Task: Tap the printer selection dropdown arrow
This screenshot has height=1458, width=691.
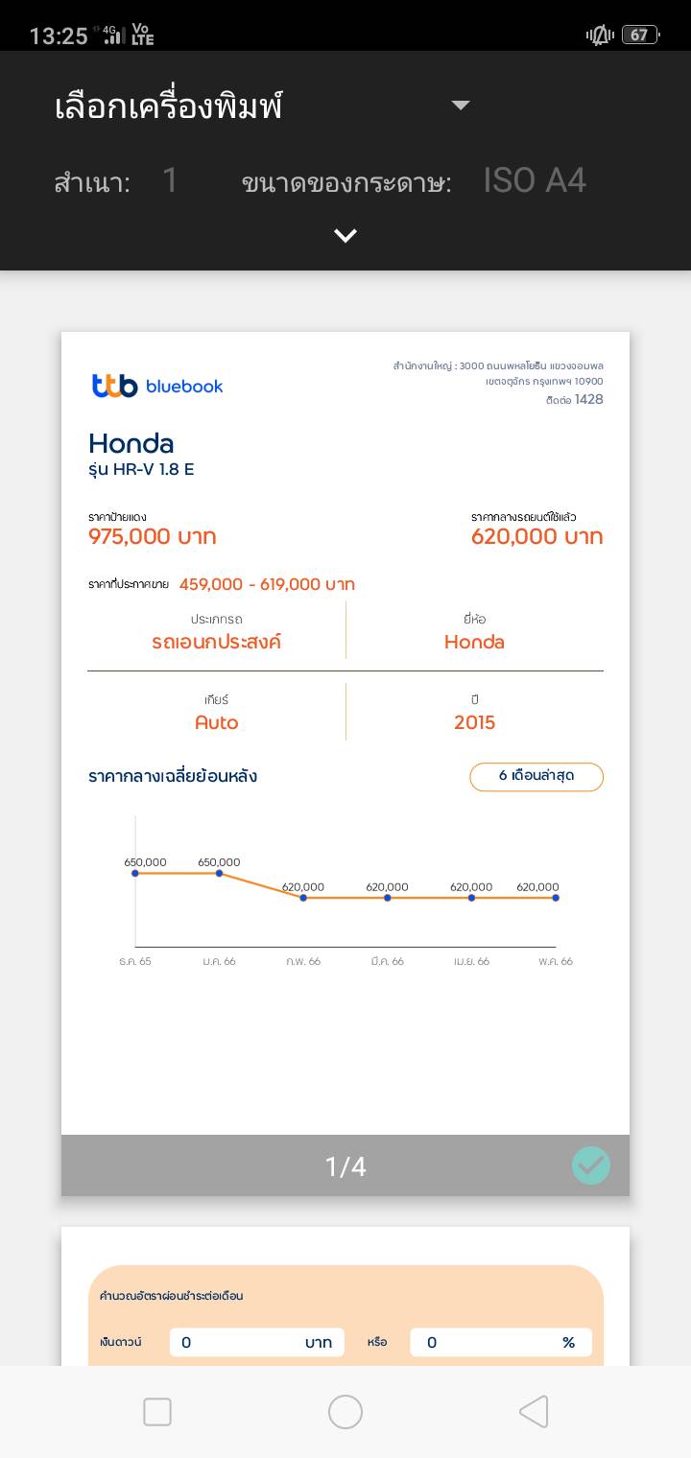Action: (461, 106)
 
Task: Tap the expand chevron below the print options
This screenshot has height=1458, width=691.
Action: (345, 236)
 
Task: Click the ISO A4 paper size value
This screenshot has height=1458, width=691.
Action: (535, 180)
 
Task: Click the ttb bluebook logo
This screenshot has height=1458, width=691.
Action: (157, 386)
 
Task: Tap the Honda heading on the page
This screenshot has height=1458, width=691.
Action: (131, 443)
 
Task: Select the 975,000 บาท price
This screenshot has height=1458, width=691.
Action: (153, 536)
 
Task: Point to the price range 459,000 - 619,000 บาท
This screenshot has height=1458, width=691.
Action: (267, 584)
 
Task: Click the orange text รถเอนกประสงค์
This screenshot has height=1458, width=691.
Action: (216, 642)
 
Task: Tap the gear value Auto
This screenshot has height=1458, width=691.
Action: (216, 722)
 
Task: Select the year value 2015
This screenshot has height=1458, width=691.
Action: (475, 722)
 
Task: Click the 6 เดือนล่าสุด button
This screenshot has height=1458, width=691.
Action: (536, 776)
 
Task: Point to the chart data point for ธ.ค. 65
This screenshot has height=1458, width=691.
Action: (135, 873)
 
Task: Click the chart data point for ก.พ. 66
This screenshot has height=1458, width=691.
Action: (303, 898)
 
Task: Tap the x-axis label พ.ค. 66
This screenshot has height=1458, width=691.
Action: (555, 961)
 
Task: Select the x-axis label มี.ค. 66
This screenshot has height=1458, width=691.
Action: (387, 961)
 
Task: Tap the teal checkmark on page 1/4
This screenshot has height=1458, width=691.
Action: (591, 1165)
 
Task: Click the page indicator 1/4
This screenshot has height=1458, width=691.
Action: (345, 1166)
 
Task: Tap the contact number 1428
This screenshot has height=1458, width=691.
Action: (589, 399)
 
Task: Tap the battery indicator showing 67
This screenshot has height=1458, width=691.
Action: (639, 35)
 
